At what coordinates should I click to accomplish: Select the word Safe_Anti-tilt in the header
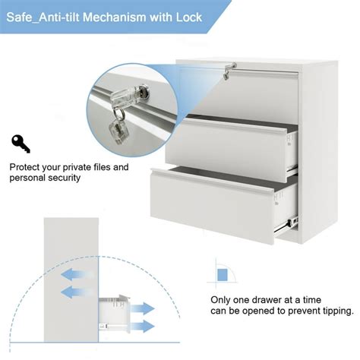click(45, 16)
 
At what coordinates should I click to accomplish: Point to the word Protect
click(28, 167)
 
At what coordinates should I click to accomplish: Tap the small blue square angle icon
click(222, 273)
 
